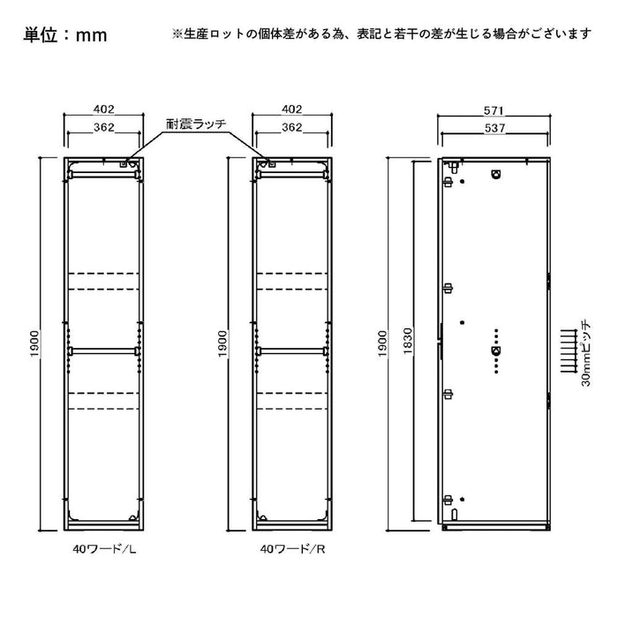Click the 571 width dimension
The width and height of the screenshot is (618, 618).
coord(494,110)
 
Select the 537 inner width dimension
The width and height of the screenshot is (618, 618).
coord(494,128)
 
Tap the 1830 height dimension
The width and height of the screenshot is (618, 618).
coord(408,341)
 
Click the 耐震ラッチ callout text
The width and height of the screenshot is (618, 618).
coord(196,124)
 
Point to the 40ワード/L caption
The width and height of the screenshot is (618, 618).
coord(104,549)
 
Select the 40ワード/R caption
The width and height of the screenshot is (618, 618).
coord(293,549)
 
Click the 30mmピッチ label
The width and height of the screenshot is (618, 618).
coord(586,353)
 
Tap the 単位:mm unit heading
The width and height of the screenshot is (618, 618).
coord(65,34)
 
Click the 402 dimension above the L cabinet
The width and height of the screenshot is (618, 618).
coord(103,109)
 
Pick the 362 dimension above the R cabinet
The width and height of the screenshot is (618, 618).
coord(291,127)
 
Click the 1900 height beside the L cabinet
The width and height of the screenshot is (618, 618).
coord(35,343)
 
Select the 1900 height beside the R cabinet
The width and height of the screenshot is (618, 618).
coord(223,343)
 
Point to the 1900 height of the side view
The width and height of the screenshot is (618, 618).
coord(382,343)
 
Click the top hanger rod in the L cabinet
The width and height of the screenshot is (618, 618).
coord(103,175)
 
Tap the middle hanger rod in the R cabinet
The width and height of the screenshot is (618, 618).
coord(291,350)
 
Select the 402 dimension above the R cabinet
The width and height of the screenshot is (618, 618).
coord(291,109)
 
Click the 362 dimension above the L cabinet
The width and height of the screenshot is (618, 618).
coord(103,127)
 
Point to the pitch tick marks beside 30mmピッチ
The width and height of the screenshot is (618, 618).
coord(569,351)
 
